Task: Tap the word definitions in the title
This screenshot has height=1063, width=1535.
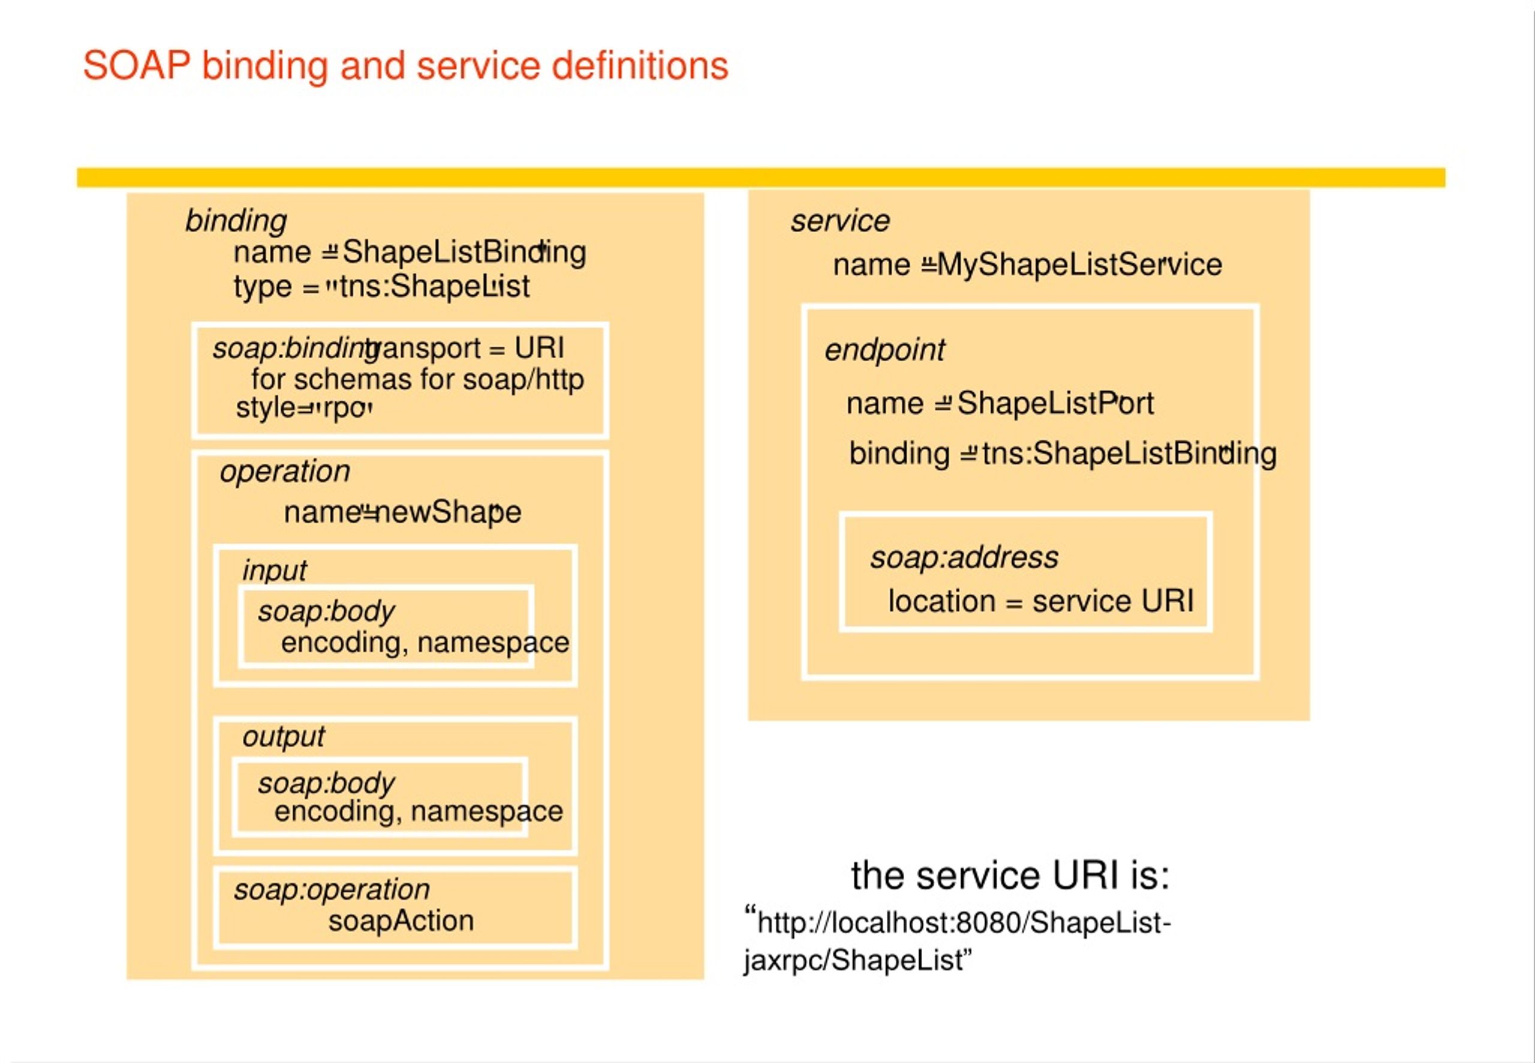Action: [640, 66]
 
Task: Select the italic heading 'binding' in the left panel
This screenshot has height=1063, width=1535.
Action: [236, 221]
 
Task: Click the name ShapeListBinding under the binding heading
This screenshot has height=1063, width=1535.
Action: [463, 253]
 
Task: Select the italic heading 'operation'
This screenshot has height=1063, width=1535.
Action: [284, 472]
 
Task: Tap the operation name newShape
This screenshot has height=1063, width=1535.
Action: [448, 512]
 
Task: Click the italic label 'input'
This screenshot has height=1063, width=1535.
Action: [273, 570]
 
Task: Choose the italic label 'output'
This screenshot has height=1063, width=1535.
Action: [283, 737]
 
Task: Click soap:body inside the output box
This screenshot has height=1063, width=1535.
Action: [326, 783]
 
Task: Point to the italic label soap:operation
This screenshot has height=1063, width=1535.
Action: [332, 890]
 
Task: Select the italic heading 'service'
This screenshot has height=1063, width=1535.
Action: [840, 221]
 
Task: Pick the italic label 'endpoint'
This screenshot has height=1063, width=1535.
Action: [884, 350]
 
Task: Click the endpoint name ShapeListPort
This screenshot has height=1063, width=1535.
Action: [1055, 404]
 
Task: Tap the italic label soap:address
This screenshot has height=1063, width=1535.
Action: [964, 557]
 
